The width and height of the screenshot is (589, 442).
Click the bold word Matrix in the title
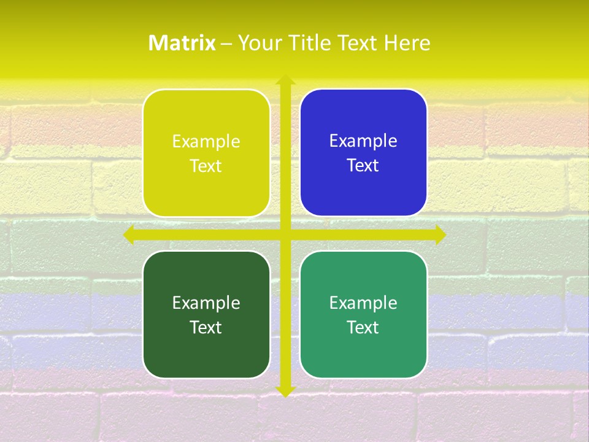(x=182, y=43)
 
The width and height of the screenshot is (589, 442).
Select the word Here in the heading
(x=407, y=43)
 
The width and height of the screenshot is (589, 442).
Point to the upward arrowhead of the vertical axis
(x=285, y=80)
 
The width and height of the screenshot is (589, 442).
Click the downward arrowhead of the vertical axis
(x=285, y=391)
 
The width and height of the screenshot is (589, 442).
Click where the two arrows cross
(x=285, y=235)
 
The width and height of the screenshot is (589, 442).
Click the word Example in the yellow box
(x=206, y=142)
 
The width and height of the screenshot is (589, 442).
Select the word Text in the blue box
(x=363, y=166)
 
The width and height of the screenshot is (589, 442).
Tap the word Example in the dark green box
(x=206, y=303)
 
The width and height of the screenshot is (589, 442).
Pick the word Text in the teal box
(x=363, y=327)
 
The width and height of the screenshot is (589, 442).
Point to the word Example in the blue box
(x=363, y=141)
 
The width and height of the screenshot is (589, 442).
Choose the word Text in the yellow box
(x=206, y=166)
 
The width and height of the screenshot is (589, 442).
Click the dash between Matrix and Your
(x=226, y=44)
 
